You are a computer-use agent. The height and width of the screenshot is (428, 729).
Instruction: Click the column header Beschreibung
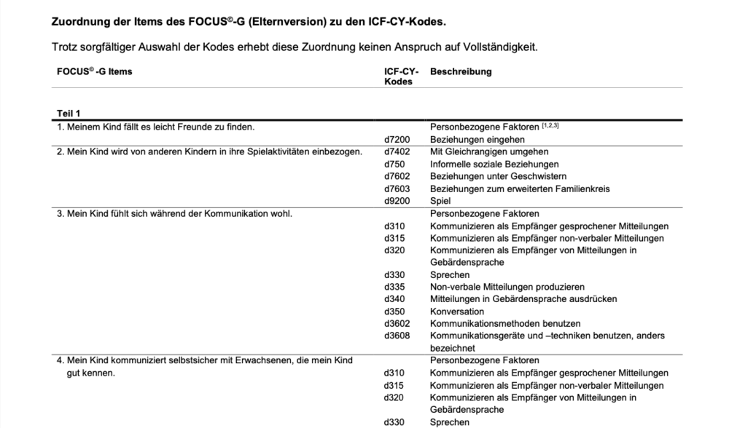click(x=461, y=72)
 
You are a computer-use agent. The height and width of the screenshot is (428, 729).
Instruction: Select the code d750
click(x=394, y=164)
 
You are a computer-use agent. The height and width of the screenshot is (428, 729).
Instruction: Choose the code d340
click(x=394, y=299)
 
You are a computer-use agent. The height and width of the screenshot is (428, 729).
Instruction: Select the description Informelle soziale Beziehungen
click(x=494, y=164)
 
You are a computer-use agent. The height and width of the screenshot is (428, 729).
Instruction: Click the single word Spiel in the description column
click(x=440, y=201)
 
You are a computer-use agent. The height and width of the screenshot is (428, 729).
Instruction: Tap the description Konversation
click(x=456, y=312)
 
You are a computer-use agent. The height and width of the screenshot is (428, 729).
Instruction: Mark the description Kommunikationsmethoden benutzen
click(x=505, y=324)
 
